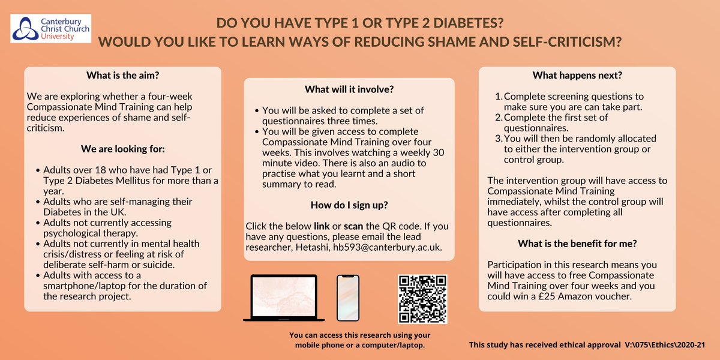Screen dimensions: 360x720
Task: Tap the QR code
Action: (422, 299)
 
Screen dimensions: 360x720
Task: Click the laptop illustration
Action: (284, 298)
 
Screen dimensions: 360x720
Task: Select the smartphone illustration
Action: (347, 298)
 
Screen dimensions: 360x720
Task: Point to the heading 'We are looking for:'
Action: (122, 149)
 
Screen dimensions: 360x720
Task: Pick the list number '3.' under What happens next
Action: (498, 138)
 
